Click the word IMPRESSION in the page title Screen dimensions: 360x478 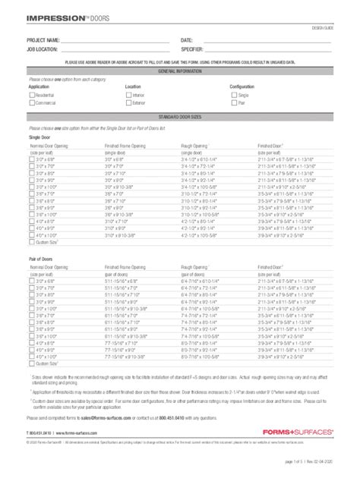pyautogui.click(x=49, y=14)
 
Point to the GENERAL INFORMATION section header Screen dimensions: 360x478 pyautogui.click(x=180, y=71)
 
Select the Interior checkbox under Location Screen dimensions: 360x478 pyautogui.click(x=128, y=96)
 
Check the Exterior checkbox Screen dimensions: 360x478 pyautogui.click(x=128, y=102)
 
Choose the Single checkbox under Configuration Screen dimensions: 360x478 pyautogui.click(x=233, y=96)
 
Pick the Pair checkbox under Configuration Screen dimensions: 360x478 pyautogui.click(x=233, y=102)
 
